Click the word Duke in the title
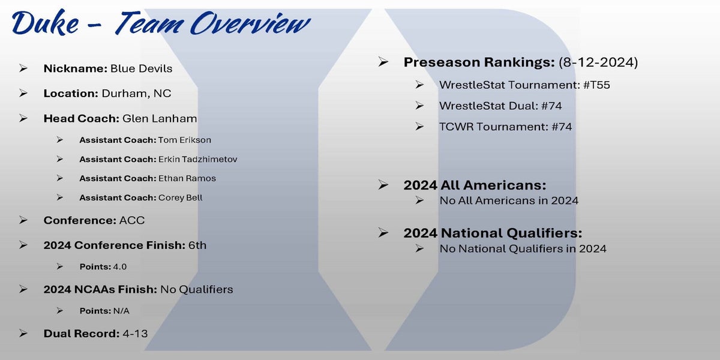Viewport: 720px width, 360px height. pos(46,23)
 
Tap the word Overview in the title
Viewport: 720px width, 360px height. pos(250,23)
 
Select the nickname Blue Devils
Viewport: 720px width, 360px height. pos(141,68)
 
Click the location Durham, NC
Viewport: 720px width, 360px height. pos(136,94)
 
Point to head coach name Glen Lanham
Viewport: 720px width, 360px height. pos(160,119)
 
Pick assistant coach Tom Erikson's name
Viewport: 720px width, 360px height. pos(185,140)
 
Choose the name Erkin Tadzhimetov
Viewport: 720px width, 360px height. pos(197,160)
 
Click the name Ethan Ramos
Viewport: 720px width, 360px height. pos(187,178)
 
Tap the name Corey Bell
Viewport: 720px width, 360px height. pos(181,197)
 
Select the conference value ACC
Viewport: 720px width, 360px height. pos(132,221)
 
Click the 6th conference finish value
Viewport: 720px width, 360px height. pos(197,245)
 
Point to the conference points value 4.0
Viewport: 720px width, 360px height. pos(120,267)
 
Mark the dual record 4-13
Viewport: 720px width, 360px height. pos(135,334)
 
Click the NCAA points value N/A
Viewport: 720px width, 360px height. pos(121,311)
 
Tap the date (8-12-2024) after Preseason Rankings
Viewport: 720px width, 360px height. pos(598,62)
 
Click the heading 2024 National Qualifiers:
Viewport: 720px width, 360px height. pos(493,233)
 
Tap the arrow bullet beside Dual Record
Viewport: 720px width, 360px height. pos(23,334)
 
